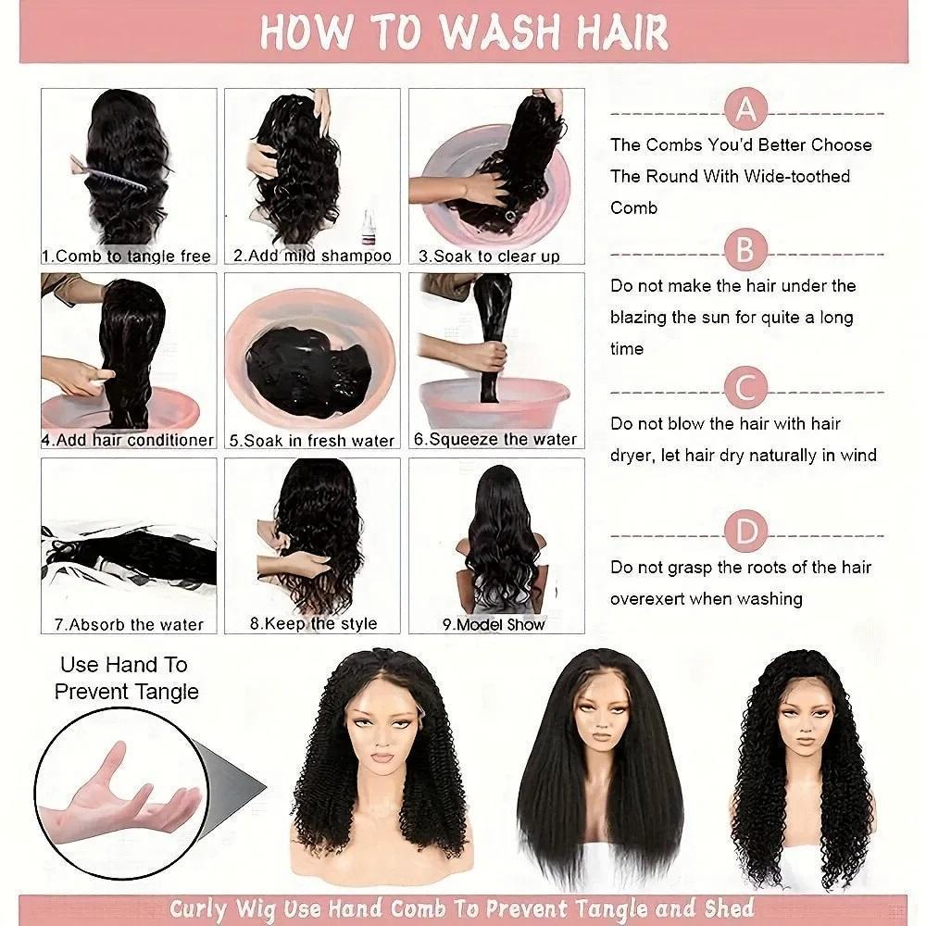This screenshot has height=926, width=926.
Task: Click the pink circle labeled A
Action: pyautogui.click(x=745, y=108)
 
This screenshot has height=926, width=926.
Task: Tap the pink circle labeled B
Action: pyautogui.click(x=745, y=250)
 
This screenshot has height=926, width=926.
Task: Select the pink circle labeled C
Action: pyautogui.click(x=745, y=388)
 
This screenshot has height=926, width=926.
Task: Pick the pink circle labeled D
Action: pyautogui.click(x=745, y=531)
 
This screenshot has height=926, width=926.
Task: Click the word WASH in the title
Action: pyautogui.click(x=500, y=31)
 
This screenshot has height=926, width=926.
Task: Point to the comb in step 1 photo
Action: pyautogui.click(x=108, y=172)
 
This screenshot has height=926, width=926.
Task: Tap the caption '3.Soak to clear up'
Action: pyautogui.click(x=489, y=257)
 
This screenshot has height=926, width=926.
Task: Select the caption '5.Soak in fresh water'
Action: pyautogui.click(x=312, y=441)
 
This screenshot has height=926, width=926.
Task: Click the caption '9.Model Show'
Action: pyautogui.click(x=494, y=624)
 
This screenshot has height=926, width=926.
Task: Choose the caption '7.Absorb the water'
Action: pyautogui.click(x=129, y=624)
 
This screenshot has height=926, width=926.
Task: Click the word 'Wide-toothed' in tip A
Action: pyautogui.click(x=796, y=176)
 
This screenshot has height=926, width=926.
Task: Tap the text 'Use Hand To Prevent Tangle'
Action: pyautogui.click(x=126, y=679)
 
